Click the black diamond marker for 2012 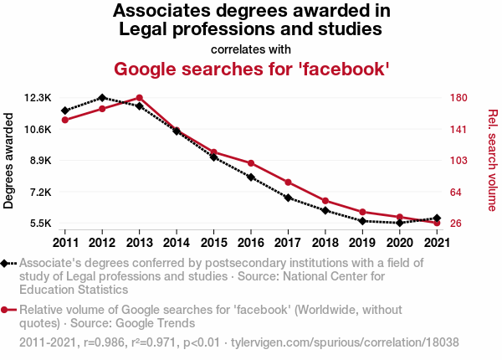pyautogui.click(x=102, y=98)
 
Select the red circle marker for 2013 pyautogui.click(x=139, y=98)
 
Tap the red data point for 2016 pyautogui.click(x=250, y=162)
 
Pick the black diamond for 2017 pyautogui.click(x=288, y=198)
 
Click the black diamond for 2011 pyautogui.click(x=64, y=111)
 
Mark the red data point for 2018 pyautogui.click(x=325, y=201)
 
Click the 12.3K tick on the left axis pyautogui.click(x=38, y=98)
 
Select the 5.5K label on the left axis pyautogui.click(x=40, y=224)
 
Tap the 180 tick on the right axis pyautogui.click(x=457, y=98)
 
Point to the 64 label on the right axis pyautogui.click(x=454, y=193)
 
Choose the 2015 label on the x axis pyautogui.click(x=213, y=243)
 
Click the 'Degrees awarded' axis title pyautogui.click(x=9, y=161)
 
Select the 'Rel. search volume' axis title pyautogui.click(x=493, y=161)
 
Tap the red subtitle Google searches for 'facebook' pyautogui.click(x=251, y=68)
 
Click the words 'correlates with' pyautogui.click(x=251, y=48)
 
